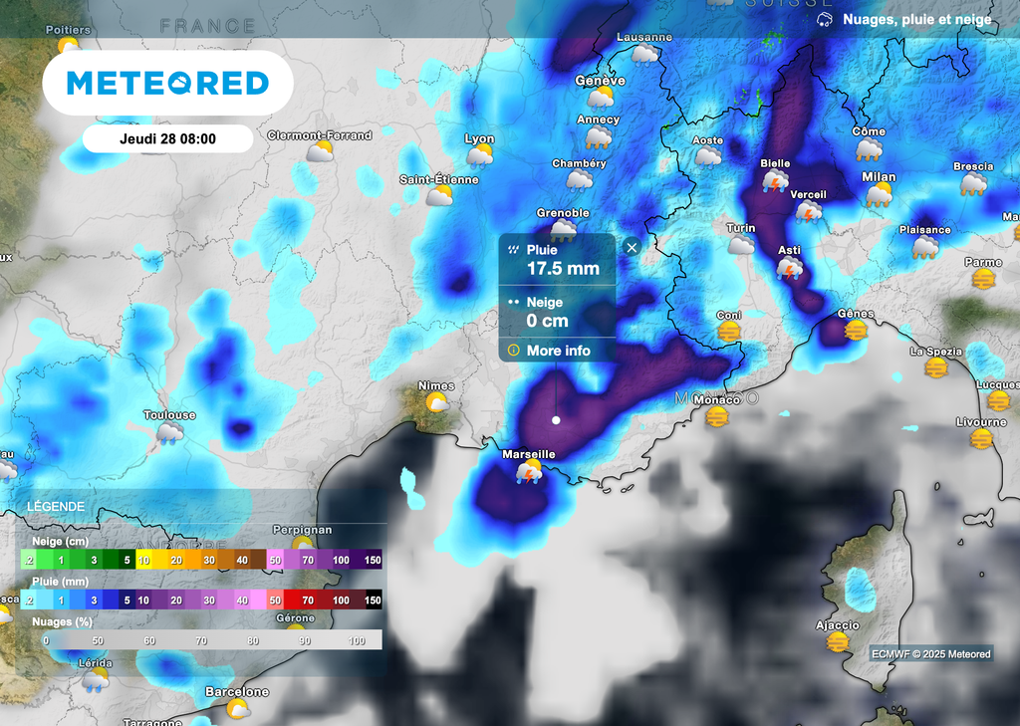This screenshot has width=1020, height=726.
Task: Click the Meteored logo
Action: point(167,83)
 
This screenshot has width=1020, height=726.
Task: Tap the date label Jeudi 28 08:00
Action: point(167,139)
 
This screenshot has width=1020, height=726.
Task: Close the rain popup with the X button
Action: point(631,247)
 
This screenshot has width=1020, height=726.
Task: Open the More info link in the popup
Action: point(558,351)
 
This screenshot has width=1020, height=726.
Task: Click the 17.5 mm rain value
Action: point(563,269)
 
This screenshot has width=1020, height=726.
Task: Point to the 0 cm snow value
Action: point(548,321)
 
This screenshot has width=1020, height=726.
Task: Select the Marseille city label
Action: point(528,454)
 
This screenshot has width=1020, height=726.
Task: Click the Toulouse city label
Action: point(169,415)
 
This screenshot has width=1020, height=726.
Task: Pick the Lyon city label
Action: point(479,139)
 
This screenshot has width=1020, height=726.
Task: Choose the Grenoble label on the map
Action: point(563,213)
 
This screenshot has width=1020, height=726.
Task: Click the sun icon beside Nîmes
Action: point(436,402)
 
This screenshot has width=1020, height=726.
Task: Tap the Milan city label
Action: point(879,177)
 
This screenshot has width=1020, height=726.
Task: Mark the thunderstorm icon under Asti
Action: point(790,268)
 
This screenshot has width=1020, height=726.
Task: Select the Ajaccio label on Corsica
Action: point(837,625)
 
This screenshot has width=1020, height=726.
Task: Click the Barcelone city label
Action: point(237,691)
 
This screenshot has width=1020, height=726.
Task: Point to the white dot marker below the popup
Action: point(556,420)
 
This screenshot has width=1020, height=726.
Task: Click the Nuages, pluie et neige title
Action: point(916,20)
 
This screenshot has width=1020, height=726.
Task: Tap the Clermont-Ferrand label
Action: point(319,135)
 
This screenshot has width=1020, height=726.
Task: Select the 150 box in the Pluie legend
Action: point(373,601)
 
